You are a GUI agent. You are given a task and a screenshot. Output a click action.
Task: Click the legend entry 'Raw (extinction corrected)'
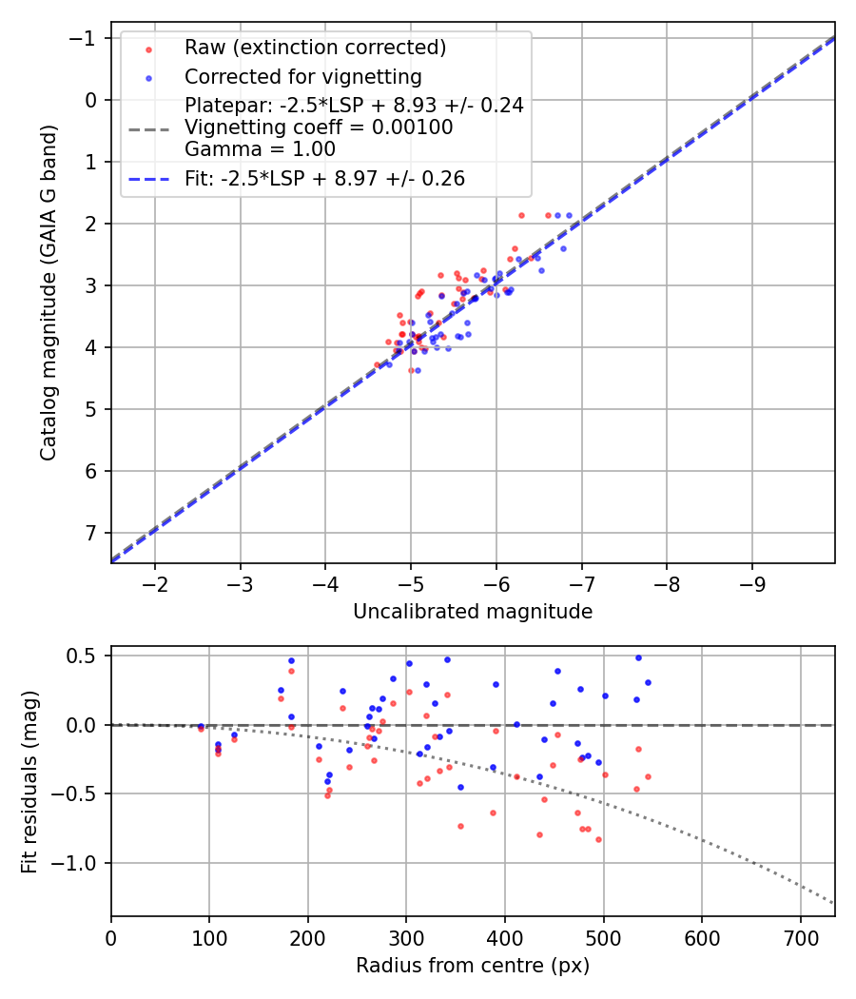[x=315, y=48]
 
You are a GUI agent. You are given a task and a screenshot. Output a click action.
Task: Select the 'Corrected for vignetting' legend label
[x=302, y=76]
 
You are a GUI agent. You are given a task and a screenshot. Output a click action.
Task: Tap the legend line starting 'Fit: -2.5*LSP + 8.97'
[x=324, y=179]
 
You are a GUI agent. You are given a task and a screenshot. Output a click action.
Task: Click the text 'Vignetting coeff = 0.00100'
[x=319, y=127]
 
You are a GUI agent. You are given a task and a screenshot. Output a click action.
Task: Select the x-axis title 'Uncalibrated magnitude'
[x=473, y=612]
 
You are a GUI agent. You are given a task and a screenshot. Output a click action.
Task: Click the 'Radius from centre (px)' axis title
[x=473, y=966]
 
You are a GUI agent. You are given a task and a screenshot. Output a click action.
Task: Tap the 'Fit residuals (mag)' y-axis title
[x=29, y=781]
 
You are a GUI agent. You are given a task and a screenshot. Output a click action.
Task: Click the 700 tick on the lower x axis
[x=800, y=936]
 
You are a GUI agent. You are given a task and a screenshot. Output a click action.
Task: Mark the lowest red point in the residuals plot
[x=598, y=839]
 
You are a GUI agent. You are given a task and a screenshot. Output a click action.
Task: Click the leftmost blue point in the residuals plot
[x=201, y=726]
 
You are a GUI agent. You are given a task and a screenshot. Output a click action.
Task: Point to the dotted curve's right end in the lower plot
[x=834, y=903]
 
